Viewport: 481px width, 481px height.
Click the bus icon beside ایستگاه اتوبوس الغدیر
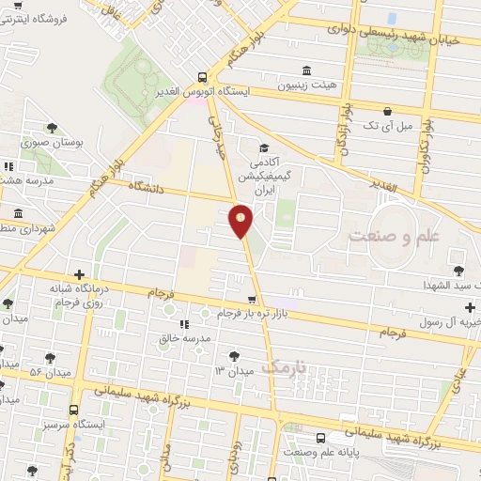pyautogui.click(x=202, y=78)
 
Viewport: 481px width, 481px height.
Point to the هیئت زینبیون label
pyautogui.click(x=307, y=85)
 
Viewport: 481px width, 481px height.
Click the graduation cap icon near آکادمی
pyautogui.click(x=264, y=147)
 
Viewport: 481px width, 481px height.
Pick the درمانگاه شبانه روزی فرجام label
pyautogui.click(x=69, y=296)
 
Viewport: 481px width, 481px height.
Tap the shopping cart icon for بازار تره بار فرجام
pyautogui.click(x=251, y=300)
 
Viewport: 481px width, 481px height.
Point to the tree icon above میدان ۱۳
pyautogui.click(x=233, y=355)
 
